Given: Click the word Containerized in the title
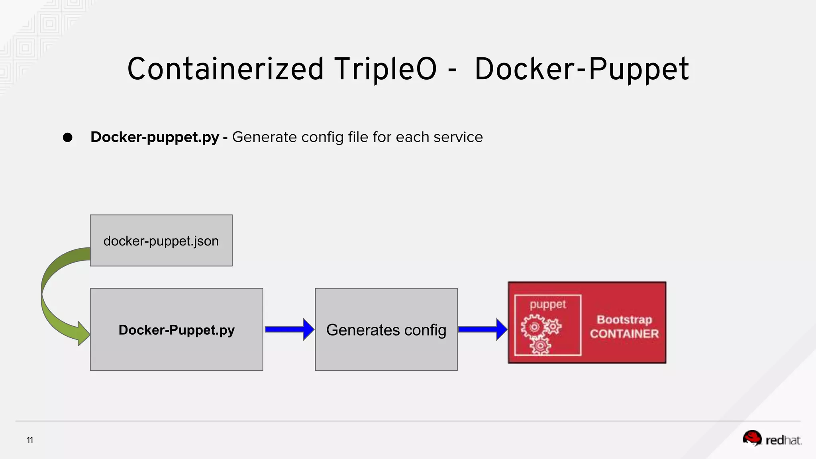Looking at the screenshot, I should [225, 69].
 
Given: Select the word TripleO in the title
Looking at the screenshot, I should [385, 69].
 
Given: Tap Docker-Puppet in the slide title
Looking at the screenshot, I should [582, 69].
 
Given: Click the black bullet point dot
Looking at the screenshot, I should [68, 137].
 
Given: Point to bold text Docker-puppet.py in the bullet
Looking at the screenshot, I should [155, 137].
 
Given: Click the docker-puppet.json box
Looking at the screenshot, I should [161, 241].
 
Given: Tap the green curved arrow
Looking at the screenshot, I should [52, 295].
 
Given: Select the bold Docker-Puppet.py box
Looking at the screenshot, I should [177, 330].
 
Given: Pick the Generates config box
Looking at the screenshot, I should [386, 330].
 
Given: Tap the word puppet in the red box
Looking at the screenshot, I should [547, 305].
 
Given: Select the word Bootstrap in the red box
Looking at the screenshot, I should [624, 320].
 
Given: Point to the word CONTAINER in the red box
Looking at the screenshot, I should [624, 334].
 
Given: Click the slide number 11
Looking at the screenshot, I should [30, 440].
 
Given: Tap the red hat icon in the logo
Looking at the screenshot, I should [752, 437].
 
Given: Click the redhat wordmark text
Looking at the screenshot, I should [783, 440].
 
